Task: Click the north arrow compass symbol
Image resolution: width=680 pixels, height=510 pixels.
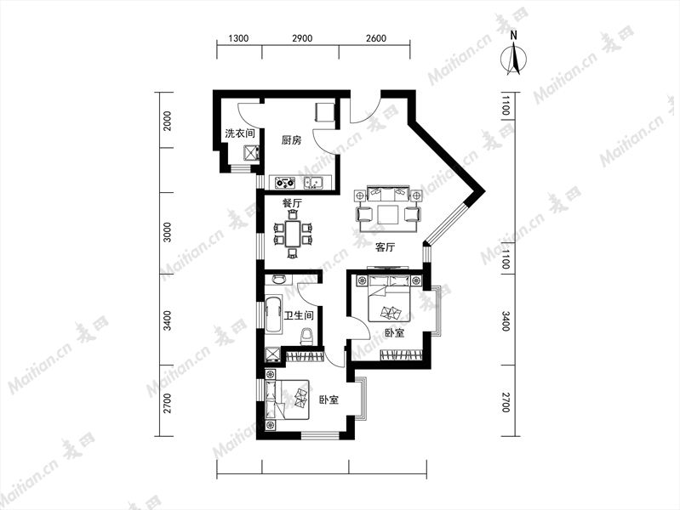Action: click(514, 56)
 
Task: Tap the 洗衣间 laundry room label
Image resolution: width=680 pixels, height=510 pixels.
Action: click(239, 133)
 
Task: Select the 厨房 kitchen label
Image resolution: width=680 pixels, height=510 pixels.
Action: click(291, 140)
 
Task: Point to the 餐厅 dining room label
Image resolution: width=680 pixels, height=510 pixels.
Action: click(292, 203)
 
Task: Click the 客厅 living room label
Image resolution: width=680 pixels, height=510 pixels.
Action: click(385, 247)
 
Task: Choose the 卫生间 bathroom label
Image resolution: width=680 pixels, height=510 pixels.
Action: click(299, 315)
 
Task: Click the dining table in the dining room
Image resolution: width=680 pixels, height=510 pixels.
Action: click(293, 234)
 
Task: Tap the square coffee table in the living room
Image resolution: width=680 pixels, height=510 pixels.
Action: click(388, 214)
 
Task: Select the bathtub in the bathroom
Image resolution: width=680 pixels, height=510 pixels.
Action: click(274, 314)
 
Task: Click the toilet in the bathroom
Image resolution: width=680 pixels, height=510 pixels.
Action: click(306, 336)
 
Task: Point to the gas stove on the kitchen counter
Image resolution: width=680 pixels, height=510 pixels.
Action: click(285, 183)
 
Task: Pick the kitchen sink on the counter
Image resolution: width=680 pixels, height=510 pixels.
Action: click(313, 183)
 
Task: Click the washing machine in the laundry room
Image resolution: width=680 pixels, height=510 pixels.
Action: click(252, 153)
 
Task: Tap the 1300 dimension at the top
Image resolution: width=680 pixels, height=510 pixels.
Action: click(238, 38)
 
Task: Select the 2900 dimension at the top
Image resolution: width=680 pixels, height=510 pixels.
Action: click(302, 38)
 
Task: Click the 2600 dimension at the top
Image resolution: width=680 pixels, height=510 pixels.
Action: click(375, 38)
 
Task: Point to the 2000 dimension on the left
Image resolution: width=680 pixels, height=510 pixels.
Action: click(168, 121)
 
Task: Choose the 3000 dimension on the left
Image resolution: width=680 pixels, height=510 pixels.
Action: click(168, 232)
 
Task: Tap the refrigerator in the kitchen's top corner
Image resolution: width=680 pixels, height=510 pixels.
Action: click(325, 112)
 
